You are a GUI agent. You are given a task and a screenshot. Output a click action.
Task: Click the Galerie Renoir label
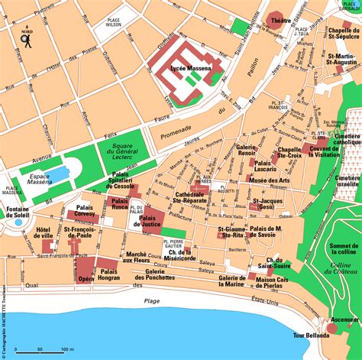tap(245, 150)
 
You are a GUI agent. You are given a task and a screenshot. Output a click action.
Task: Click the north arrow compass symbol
tap(26, 39)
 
